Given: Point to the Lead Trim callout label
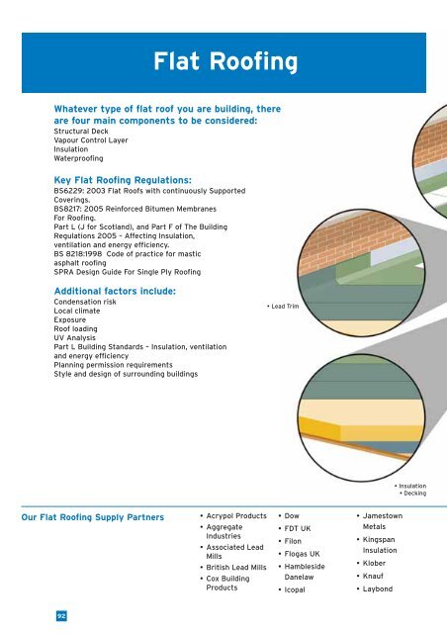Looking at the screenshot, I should point(289,307).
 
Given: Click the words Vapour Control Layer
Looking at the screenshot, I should point(89,145).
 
